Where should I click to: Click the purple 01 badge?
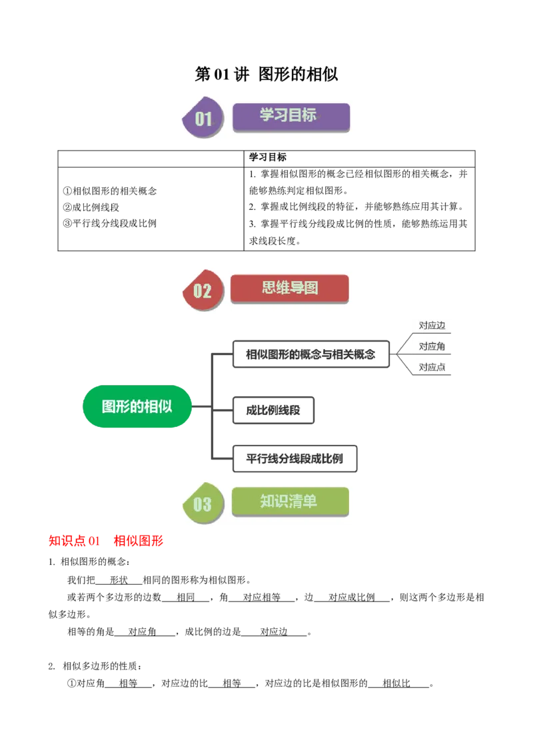click(x=203, y=119)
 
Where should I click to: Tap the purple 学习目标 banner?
click(x=290, y=116)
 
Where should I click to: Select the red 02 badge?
click(x=203, y=290)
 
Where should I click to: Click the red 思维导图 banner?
click(x=290, y=288)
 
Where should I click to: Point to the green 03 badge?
click(x=203, y=504)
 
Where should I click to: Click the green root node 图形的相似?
click(x=137, y=406)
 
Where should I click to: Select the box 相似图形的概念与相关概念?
click(x=310, y=354)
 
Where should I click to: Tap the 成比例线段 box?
click(x=273, y=410)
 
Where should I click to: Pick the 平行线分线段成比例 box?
click(x=294, y=459)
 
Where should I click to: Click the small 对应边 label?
click(x=432, y=326)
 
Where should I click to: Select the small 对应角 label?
click(x=432, y=346)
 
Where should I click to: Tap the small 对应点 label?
click(x=432, y=367)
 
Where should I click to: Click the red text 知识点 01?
click(x=74, y=542)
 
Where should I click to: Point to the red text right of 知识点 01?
click(x=138, y=542)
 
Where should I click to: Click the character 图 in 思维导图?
click(x=310, y=288)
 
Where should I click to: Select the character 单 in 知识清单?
click(x=310, y=502)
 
